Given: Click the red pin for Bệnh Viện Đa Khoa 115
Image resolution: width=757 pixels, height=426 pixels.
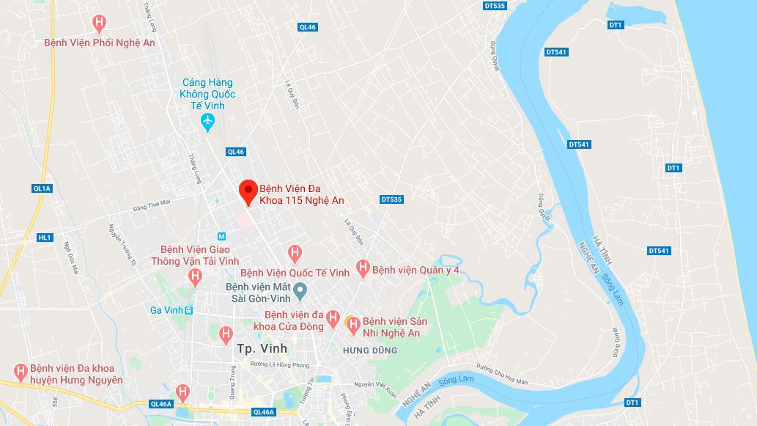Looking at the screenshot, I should click(x=248, y=191).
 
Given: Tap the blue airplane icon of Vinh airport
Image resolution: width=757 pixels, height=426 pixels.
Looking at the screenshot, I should click(x=208, y=120).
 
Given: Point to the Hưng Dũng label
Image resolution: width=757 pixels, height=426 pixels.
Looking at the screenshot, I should click(x=370, y=350).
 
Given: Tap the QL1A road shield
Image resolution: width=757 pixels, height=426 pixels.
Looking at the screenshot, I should click(x=43, y=188).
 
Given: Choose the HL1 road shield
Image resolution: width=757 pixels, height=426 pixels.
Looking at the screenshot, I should click(x=45, y=238).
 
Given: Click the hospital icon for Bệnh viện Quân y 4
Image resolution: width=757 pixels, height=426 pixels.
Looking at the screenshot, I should click(x=362, y=269).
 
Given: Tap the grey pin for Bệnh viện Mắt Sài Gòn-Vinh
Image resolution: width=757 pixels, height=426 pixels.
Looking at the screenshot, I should click(x=300, y=293).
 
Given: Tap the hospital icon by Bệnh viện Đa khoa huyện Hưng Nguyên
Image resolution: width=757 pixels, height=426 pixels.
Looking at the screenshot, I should click(x=21, y=372).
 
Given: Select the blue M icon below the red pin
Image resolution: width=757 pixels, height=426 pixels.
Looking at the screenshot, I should click(x=221, y=236).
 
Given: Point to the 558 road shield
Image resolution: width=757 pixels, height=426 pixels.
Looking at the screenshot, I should click(x=54, y=402).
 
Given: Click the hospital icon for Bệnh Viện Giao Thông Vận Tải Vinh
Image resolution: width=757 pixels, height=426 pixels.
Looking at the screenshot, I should click(x=195, y=277).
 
